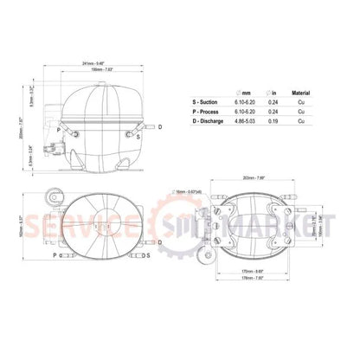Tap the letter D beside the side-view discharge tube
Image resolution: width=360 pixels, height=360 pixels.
(159, 126)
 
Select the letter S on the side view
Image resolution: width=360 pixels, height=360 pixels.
(138, 135)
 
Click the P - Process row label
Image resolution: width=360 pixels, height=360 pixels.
(208, 112)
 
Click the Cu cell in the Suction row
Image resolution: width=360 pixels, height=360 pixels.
(299, 103)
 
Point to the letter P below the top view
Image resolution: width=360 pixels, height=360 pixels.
(54, 256)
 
